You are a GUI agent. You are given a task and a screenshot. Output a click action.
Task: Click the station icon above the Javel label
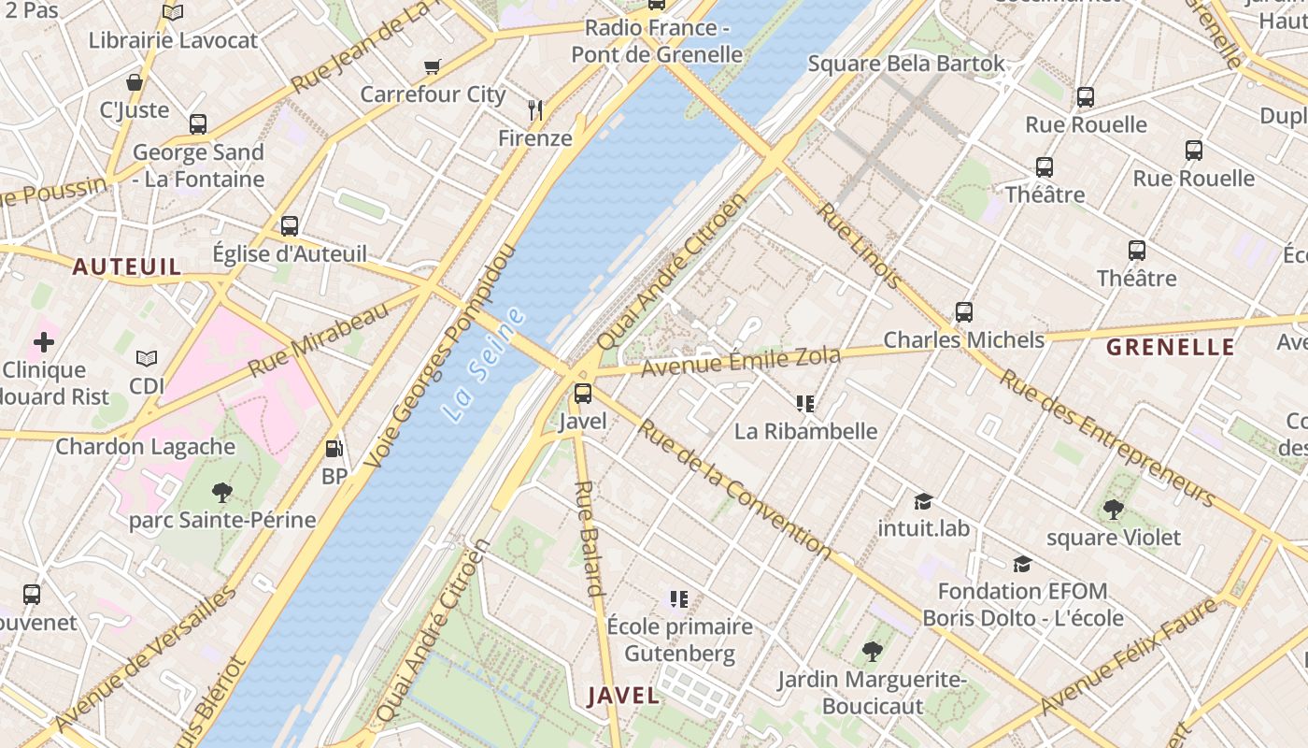583,394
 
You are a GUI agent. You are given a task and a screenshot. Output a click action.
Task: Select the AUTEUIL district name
127,267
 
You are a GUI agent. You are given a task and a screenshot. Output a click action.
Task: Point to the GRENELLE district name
1171,348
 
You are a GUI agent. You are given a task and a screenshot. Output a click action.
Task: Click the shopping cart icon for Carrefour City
432,66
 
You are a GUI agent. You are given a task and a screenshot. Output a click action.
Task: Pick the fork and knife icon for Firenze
535,110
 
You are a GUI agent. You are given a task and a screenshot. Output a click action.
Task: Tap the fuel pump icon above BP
334,449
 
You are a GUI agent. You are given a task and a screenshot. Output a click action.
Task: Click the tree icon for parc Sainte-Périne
222,492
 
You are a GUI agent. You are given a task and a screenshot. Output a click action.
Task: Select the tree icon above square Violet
1113,510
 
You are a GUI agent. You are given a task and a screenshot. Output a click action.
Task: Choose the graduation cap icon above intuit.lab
923,501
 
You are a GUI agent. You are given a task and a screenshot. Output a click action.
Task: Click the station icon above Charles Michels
964,312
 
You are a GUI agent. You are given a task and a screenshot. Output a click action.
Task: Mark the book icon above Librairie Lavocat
173,12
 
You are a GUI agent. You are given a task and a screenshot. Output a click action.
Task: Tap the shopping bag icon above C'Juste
135,82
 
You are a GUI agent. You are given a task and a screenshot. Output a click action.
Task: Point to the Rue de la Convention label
734,489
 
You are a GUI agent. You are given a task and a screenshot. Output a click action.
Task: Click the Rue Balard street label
589,539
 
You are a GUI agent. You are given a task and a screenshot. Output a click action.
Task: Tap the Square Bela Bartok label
906,64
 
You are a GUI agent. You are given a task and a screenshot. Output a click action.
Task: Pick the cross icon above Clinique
44,342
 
